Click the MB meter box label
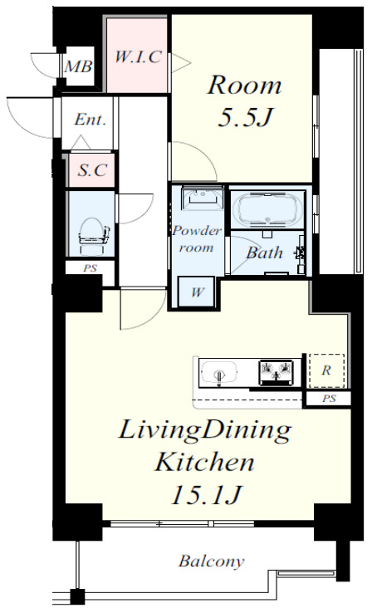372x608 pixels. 78,66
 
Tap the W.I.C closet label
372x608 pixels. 138,57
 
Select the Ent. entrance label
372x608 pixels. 90,119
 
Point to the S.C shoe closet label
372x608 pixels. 92,169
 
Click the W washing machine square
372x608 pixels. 197,292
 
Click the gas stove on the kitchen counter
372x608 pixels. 276,373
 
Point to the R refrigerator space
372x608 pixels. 326,370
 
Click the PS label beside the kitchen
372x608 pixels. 329,398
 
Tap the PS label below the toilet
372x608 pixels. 90,267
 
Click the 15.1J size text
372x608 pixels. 206,494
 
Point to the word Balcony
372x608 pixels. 212,561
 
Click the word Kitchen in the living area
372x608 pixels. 205,462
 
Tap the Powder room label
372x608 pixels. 197,239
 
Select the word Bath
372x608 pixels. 265,253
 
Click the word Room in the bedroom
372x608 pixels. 244,85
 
